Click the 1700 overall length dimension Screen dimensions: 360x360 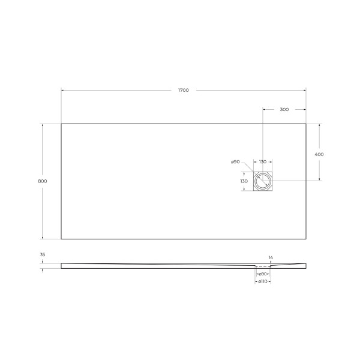(184, 90)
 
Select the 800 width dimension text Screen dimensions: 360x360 (42, 181)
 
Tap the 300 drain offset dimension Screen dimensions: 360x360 (284, 109)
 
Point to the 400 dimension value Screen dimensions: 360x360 (319, 154)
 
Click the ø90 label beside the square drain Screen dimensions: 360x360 (235, 162)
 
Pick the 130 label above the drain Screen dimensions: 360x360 (263, 162)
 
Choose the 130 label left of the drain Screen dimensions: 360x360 (244, 181)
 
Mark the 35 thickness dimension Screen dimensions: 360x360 (43, 254)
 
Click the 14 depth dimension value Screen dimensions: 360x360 (271, 257)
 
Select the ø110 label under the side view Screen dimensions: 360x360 (263, 281)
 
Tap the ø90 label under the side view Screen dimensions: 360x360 (263, 274)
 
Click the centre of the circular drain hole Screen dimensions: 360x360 (263, 181)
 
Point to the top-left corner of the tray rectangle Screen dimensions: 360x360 (61, 124)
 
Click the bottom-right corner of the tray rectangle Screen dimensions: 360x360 (306, 239)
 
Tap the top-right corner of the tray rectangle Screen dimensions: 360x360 (306, 124)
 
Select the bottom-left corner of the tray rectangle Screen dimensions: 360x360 (61, 239)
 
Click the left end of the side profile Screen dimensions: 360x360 (62, 266)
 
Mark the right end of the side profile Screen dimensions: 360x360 (306, 266)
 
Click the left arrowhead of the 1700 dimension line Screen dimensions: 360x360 (62, 90)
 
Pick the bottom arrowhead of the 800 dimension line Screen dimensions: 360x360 (42, 238)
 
